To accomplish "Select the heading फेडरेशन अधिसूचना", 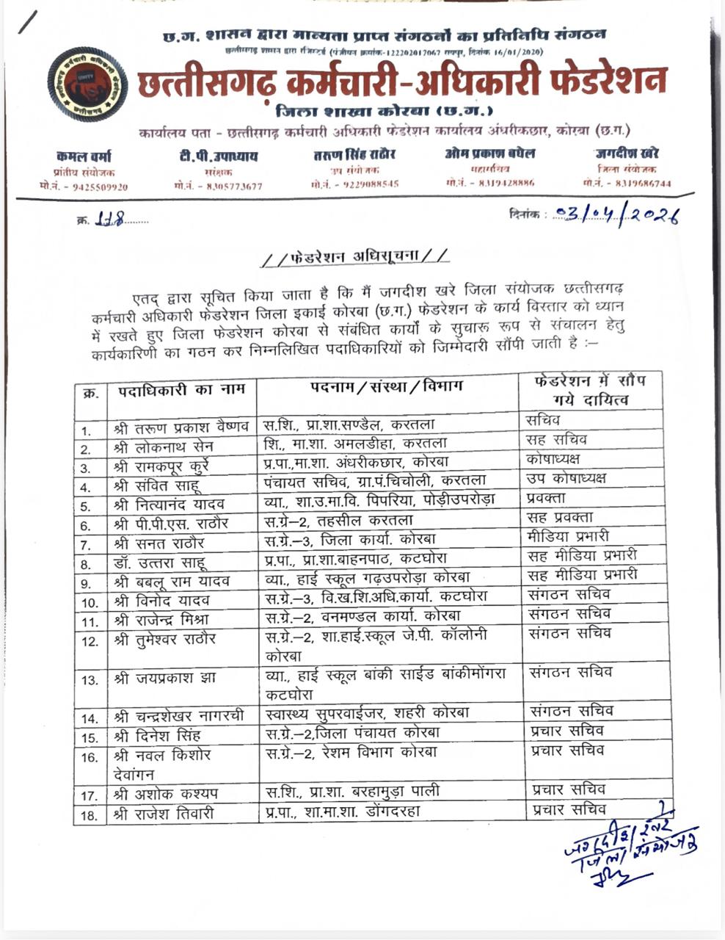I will pyautogui.click(x=355, y=257).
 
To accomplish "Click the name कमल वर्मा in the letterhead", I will pyautogui.click(x=84, y=156).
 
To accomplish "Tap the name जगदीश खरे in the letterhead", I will pyautogui.click(x=627, y=153).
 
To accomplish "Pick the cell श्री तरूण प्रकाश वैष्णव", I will pyautogui.click(x=181, y=427).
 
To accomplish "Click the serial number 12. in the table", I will pyautogui.click(x=90, y=641).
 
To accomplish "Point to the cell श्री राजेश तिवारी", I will pyautogui.click(x=164, y=814).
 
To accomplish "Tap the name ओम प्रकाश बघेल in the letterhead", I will pyautogui.click(x=489, y=153).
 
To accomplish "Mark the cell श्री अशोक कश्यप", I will pyautogui.click(x=166, y=795).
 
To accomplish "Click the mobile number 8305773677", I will pyautogui.click(x=218, y=187).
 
